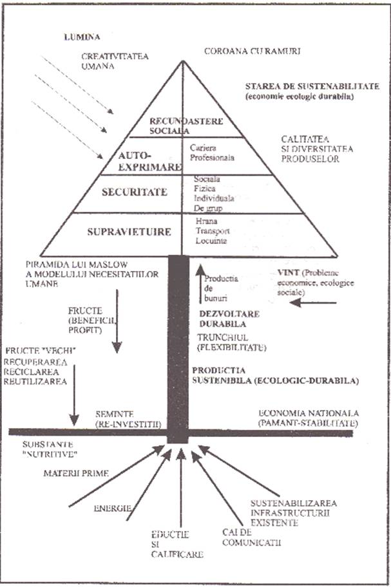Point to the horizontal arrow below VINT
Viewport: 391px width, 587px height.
tap(313, 302)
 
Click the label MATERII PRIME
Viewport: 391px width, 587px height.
tap(70, 474)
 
